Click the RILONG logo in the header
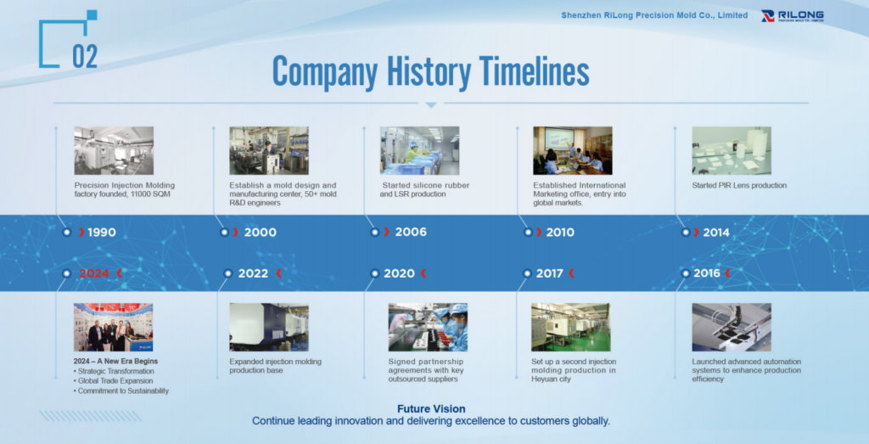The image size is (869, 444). coord(792,15)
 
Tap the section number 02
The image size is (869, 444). coord(85,56)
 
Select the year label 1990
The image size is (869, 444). coord(102,233)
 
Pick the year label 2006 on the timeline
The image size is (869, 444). coord(411,232)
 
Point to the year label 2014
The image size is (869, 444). coord(716,233)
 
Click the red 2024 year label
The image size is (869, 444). coord(94,273)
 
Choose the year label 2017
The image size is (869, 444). coord(550,273)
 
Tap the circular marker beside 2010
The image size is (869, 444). coord(528,233)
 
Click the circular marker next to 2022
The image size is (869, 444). coord(227,273)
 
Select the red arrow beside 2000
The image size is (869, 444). coord(236,233)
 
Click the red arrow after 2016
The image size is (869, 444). coord(727,273)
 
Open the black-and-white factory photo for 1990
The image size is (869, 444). coord(115,151)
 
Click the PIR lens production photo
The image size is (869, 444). coord(732,151)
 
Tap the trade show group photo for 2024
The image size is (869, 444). coord(113,327)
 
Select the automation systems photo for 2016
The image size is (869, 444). coord(732,327)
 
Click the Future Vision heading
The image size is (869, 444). coord(431,409)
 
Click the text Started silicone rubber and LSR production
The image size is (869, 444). coord(424,189)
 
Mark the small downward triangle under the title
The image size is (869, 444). coord(431,105)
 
